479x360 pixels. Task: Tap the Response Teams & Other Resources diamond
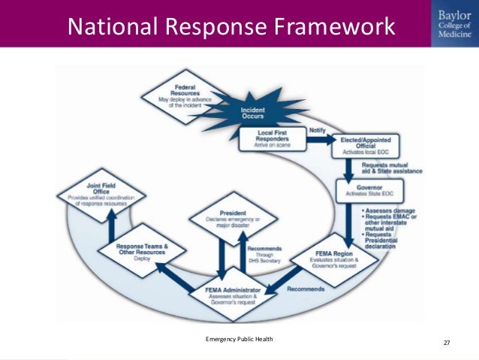click(x=143, y=250)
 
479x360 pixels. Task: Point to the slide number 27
click(x=447, y=343)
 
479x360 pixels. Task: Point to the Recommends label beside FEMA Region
click(x=306, y=288)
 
